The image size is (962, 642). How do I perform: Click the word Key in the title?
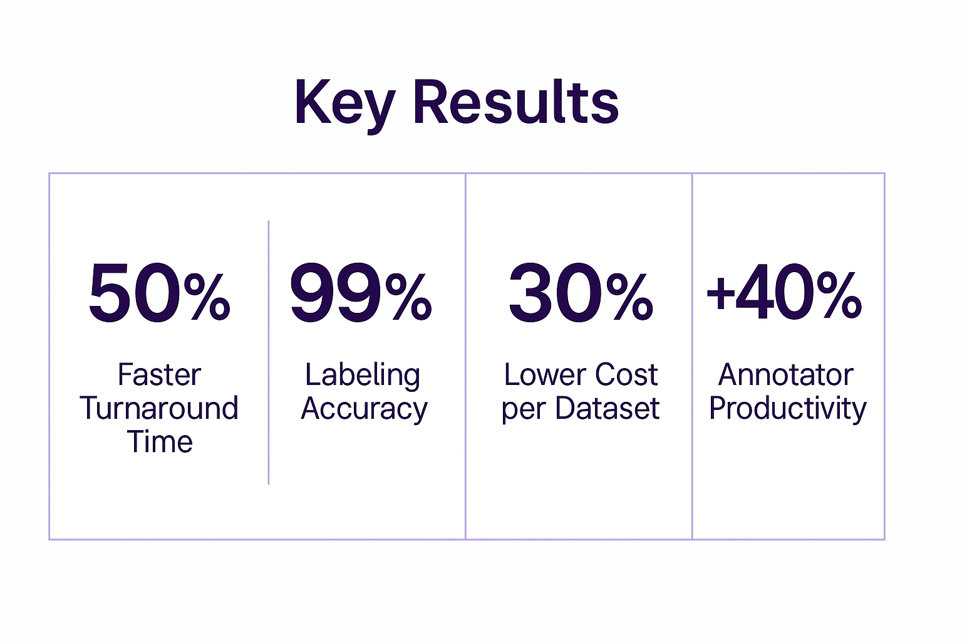click(344, 105)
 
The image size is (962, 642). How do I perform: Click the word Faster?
click(159, 375)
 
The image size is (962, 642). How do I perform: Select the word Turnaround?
click(159, 408)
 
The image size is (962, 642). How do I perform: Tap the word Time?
click(160, 441)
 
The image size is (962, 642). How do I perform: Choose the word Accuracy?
click(364, 410)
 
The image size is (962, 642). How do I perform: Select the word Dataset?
click(608, 408)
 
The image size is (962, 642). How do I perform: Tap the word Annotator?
click(786, 375)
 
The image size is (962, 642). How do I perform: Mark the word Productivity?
click(788, 410)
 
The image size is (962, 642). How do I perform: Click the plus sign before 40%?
click(720, 293)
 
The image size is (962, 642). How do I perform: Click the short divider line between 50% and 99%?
click(269, 352)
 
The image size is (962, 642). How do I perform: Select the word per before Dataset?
click(524, 410)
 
